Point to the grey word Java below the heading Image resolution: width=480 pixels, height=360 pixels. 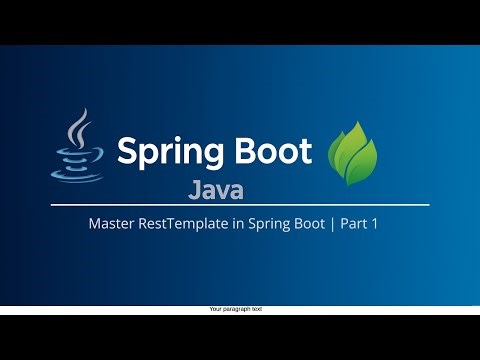[x=215, y=189]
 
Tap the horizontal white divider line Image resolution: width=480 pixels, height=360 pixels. [x=240, y=206]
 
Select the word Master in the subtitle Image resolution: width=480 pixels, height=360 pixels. [x=111, y=225]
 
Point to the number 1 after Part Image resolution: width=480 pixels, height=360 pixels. [x=375, y=225]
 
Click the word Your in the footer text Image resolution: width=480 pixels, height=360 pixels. [x=215, y=310]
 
